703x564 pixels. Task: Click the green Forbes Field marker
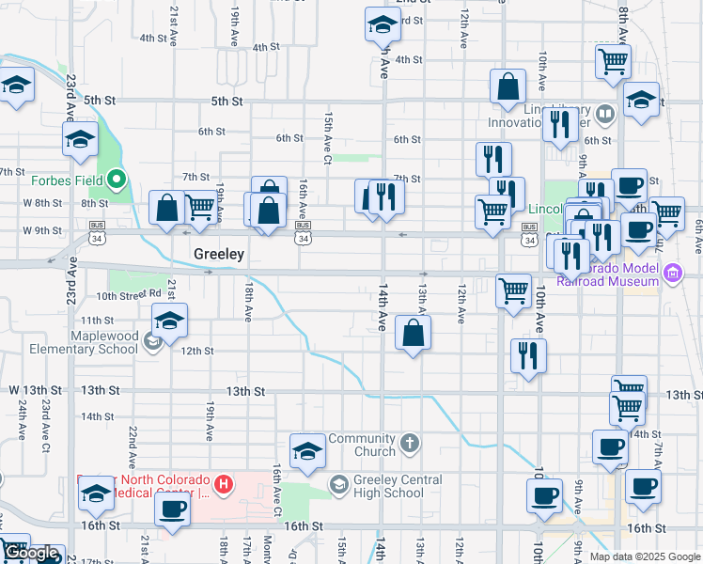[x=117, y=178]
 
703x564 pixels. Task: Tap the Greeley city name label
[x=219, y=254]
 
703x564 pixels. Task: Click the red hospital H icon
[x=224, y=485]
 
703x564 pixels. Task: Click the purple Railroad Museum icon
[x=671, y=274]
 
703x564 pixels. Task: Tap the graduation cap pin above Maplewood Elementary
[x=170, y=322]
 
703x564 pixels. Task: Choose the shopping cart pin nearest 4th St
[x=614, y=62]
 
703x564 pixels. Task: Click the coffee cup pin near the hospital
[x=172, y=509]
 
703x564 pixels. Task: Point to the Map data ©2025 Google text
[x=646, y=556]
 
